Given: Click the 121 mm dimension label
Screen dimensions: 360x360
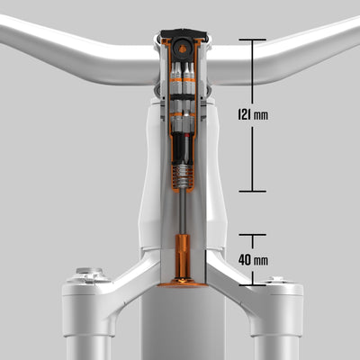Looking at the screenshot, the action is click(253, 114).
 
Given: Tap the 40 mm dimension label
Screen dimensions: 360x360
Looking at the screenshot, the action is click(253, 260).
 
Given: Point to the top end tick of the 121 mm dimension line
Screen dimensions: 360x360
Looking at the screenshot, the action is click(252, 40).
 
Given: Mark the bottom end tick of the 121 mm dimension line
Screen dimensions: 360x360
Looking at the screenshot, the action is click(252, 191).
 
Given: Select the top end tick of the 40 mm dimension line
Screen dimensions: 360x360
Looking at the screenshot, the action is click(252, 235).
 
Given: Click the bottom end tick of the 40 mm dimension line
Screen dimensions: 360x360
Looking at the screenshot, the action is click(252, 284).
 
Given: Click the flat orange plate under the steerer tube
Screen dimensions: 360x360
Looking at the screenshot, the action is click(183, 283).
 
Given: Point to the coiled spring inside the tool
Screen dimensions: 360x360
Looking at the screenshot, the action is click(183, 176).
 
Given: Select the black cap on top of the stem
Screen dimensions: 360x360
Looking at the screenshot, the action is click(184, 33).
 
